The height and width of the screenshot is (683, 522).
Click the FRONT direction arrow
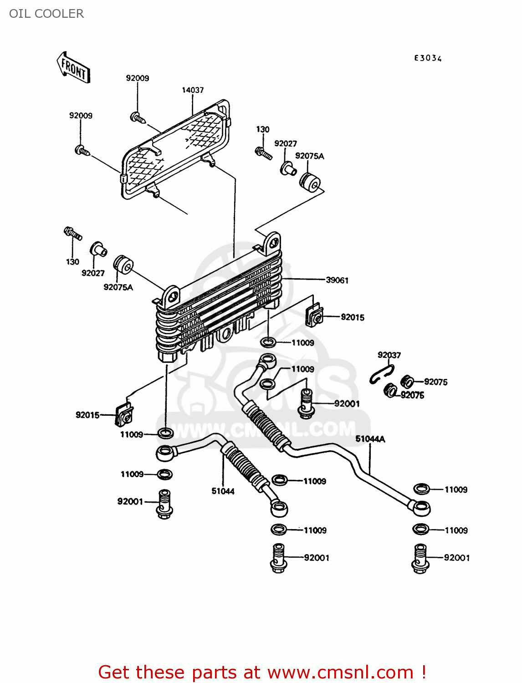(x=73, y=68)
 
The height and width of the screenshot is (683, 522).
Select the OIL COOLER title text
(x=46, y=14)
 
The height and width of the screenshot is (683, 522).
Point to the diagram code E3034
(x=428, y=58)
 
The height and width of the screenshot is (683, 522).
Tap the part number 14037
(x=193, y=90)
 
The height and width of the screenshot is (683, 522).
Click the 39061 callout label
(x=337, y=280)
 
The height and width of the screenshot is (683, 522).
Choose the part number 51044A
(x=370, y=439)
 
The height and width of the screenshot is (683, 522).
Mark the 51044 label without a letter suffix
(x=223, y=491)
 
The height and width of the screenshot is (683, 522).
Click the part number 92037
(x=389, y=355)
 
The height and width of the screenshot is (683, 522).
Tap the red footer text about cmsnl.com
(x=262, y=672)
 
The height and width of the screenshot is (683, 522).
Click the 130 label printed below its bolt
(x=72, y=261)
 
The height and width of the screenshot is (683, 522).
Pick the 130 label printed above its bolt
(x=263, y=129)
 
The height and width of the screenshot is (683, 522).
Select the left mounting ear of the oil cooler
(x=171, y=296)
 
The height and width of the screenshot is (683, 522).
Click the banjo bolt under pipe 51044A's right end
(x=420, y=558)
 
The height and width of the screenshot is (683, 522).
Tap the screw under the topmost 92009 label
(x=138, y=118)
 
